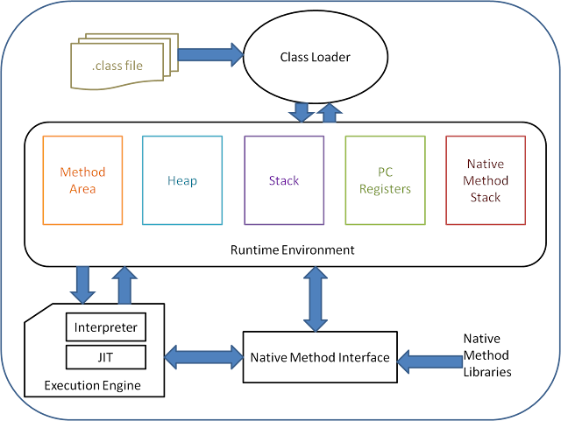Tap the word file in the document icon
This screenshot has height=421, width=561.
pos(131,65)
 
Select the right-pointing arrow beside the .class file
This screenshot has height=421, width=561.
pos(210,54)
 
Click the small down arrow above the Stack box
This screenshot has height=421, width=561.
pos(302,112)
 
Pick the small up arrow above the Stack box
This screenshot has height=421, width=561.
pos(330,112)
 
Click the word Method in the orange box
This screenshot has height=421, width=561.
pos(83,173)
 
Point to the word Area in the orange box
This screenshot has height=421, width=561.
pos(83,188)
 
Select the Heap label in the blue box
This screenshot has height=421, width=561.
pos(182,181)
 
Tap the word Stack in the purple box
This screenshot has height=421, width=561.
pos(284,181)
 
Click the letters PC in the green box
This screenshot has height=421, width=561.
pos(385,173)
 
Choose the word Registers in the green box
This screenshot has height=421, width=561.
pos(385,188)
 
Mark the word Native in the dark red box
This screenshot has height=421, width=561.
pos(486,165)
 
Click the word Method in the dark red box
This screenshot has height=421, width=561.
pos(486,181)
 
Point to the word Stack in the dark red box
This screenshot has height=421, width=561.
pos(486,197)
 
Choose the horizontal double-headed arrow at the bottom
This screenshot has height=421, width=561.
pos(204,356)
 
